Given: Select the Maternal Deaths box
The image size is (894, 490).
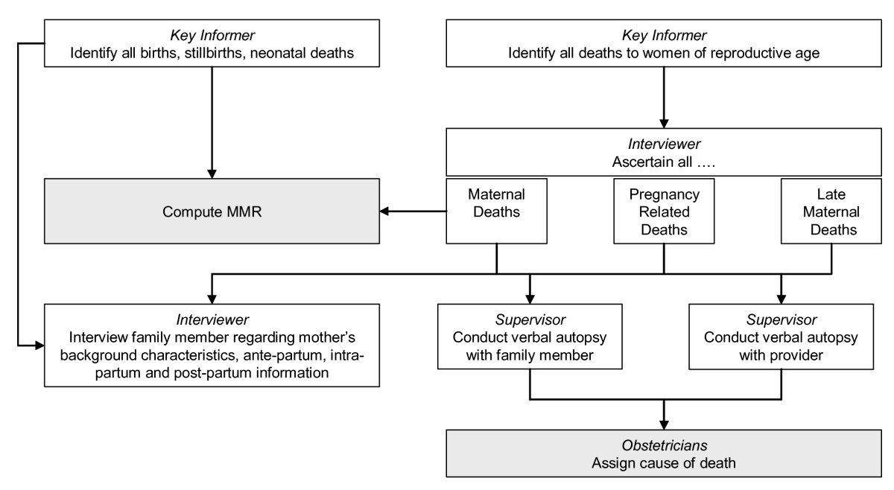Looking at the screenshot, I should click(497, 211).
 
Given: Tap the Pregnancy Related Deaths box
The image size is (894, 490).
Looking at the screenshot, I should click(663, 211).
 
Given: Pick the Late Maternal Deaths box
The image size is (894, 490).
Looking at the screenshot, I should click(828, 211).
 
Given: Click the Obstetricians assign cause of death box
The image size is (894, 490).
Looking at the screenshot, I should click(663, 454).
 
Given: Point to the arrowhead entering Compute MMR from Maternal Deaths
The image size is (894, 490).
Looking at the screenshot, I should click(386, 211).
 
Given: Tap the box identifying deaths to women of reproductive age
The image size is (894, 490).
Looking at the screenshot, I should click(663, 44).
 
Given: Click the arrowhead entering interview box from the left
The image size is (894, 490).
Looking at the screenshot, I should click(39, 346).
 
